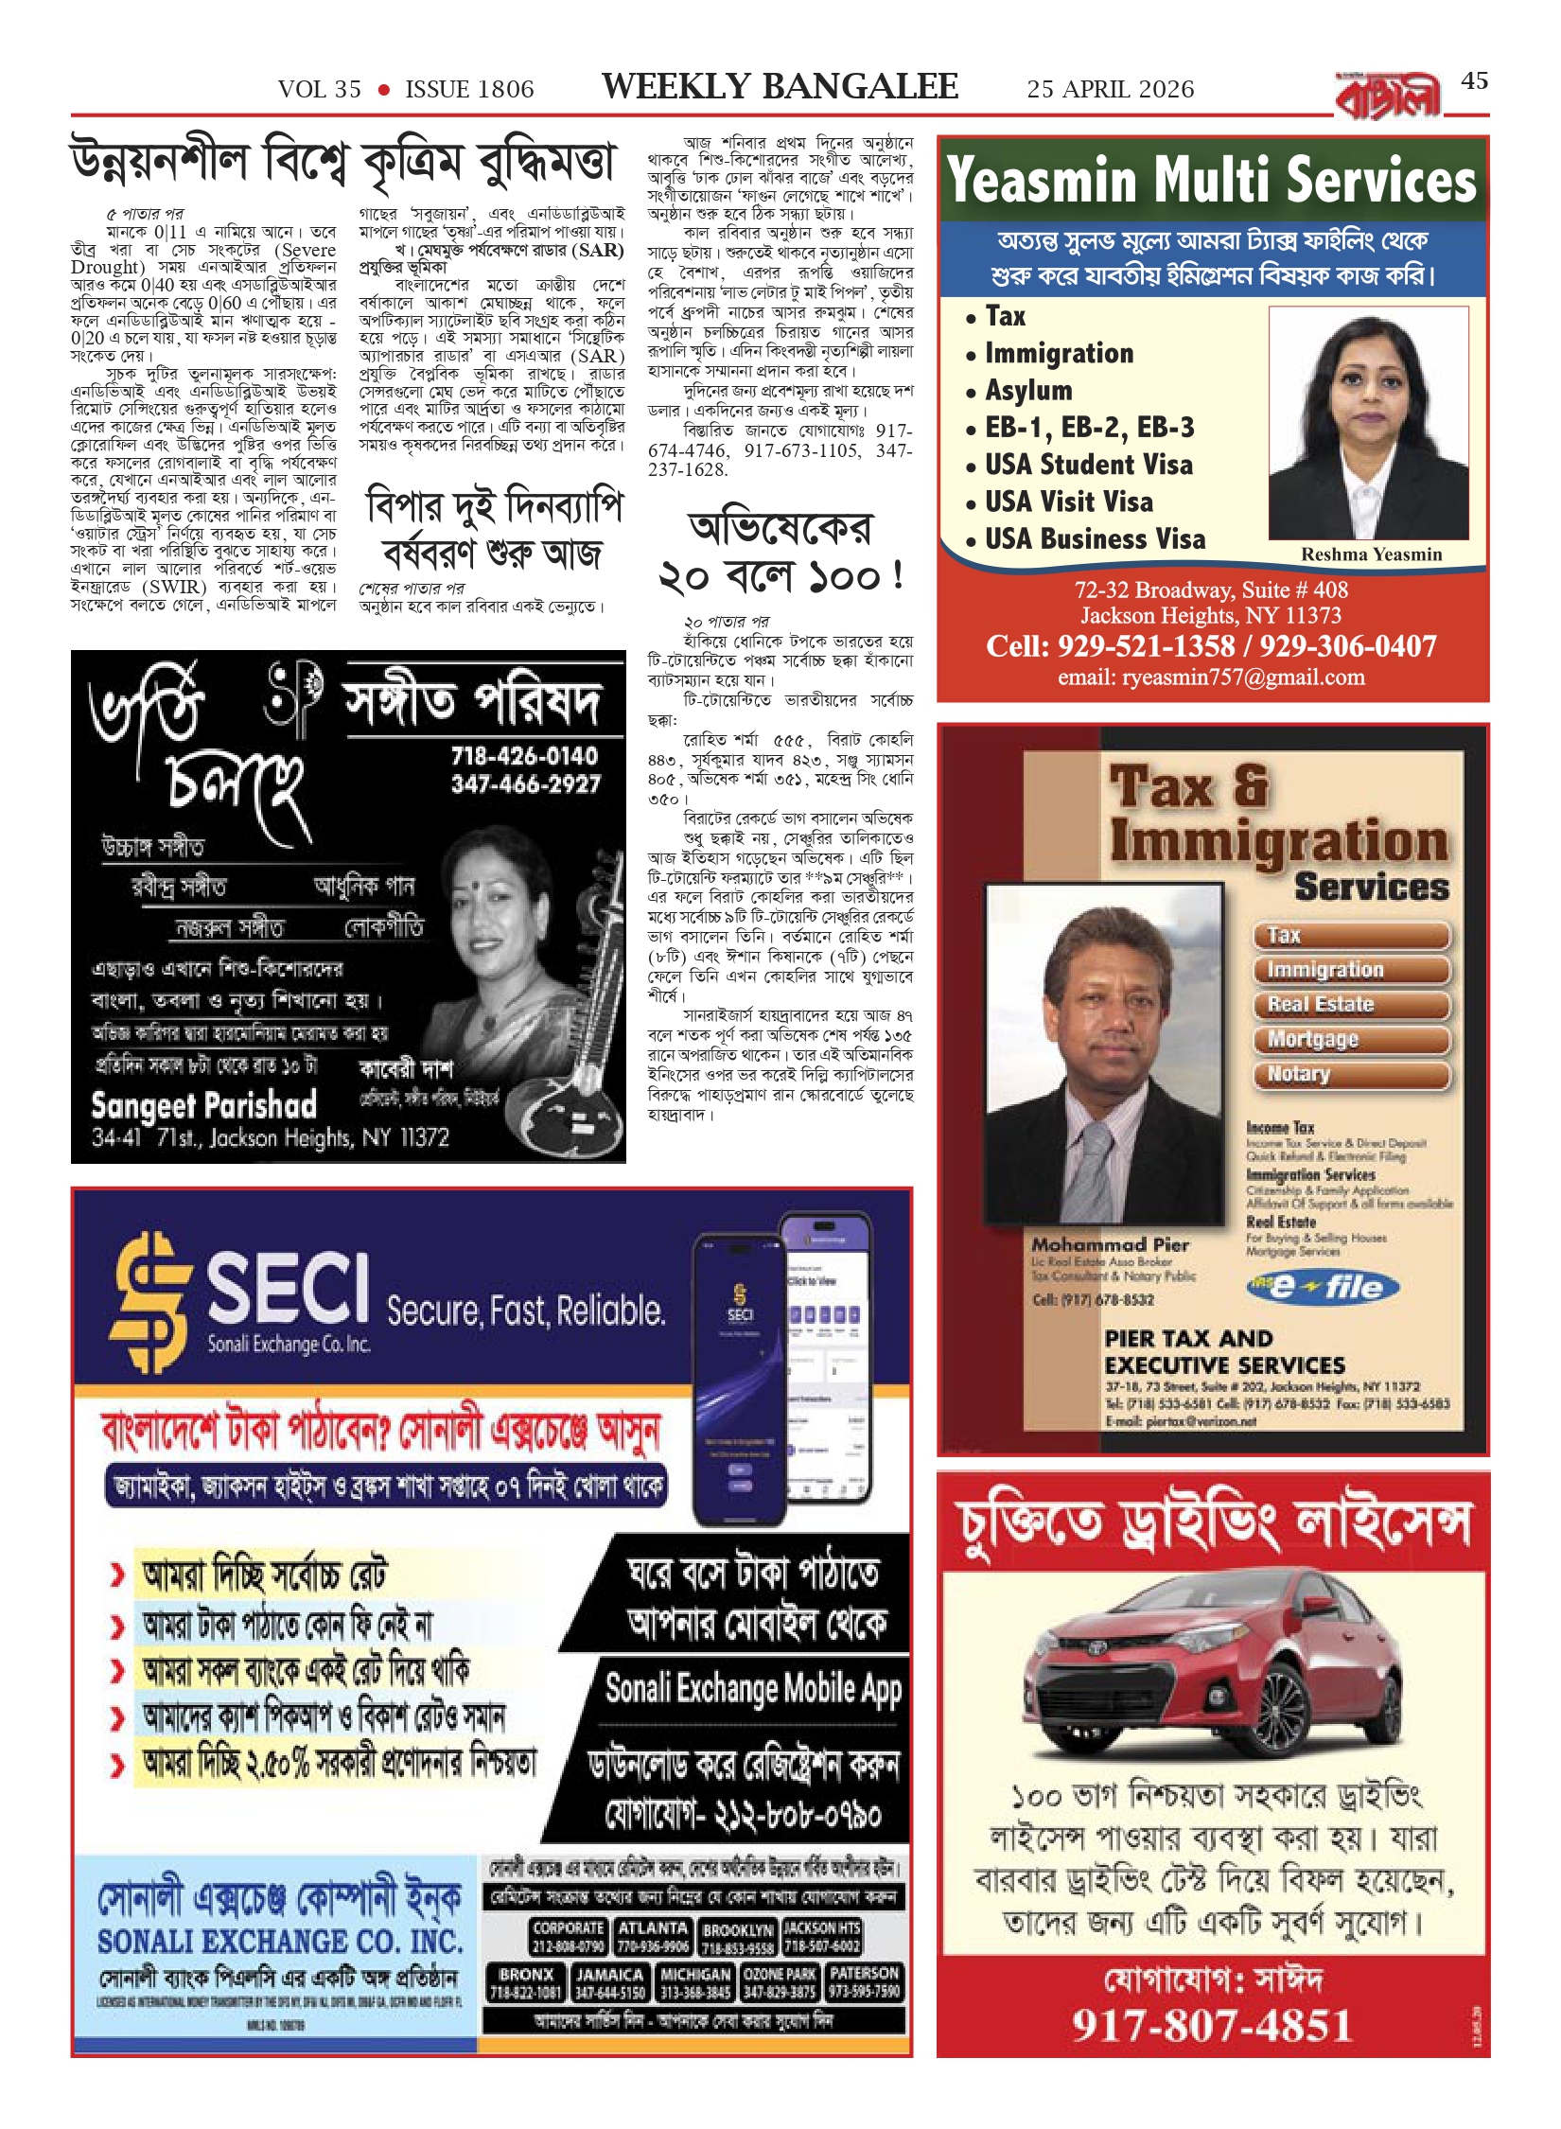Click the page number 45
pos(1474,81)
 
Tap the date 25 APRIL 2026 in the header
pos(1110,90)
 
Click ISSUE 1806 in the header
pos(469,90)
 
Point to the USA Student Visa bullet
pos(1088,465)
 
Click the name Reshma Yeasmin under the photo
pos(1371,554)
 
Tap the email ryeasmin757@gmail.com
pos(1211,677)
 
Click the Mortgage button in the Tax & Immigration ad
pos(1312,1039)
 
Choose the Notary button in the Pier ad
pos(1298,1074)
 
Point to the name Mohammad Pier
pos(1110,1245)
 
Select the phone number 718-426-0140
pos(524,756)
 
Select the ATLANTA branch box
pos(653,1936)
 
